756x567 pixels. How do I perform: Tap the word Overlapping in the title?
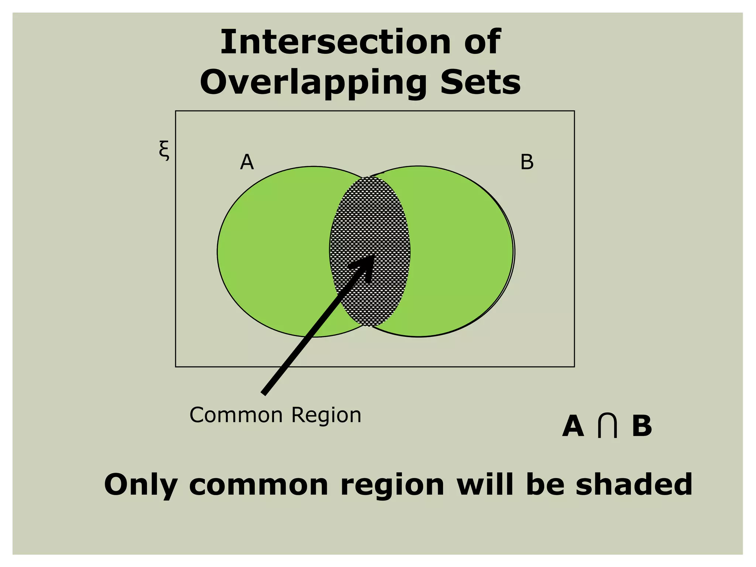[x=313, y=82]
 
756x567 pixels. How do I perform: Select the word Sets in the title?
[x=480, y=82]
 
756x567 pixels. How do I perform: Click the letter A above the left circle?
[x=247, y=162]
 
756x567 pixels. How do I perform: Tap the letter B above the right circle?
[x=527, y=162]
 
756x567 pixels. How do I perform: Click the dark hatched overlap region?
[x=369, y=221]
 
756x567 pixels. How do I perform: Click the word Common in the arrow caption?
[x=236, y=415]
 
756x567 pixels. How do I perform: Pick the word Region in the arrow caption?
[x=326, y=415]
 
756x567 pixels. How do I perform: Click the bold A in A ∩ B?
[x=573, y=426]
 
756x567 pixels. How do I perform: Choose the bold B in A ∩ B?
[x=642, y=426]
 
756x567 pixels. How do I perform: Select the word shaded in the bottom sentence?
[x=634, y=484]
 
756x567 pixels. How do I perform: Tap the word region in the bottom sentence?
[x=392, y=485]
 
